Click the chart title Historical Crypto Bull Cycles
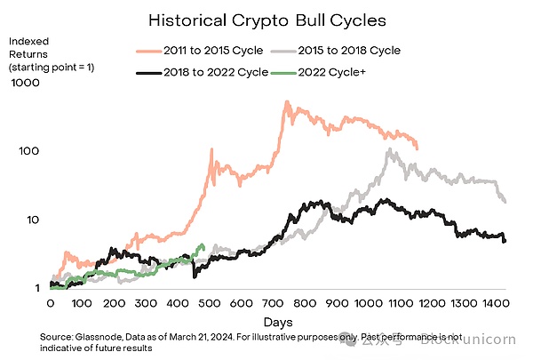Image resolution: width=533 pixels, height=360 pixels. tap(266, 19)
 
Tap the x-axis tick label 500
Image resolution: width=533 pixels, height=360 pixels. tap(210, 304)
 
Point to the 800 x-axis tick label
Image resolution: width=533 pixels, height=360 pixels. tap(305, 304)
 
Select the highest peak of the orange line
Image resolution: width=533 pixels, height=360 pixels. tap(287, 102)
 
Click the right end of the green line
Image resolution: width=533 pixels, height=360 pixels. tap(203, 246)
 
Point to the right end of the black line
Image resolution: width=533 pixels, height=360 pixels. tap(505, 241)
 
